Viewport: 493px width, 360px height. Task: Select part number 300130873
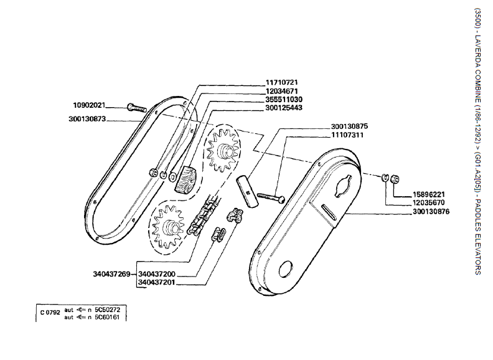[87, 118]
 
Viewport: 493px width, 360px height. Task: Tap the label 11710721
[283, 82]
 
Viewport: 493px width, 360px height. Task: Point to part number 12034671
[283, 91]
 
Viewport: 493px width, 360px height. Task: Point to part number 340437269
[111, 273]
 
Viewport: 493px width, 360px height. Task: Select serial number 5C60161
[106, 316]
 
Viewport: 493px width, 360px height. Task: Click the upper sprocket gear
[223, 149]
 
